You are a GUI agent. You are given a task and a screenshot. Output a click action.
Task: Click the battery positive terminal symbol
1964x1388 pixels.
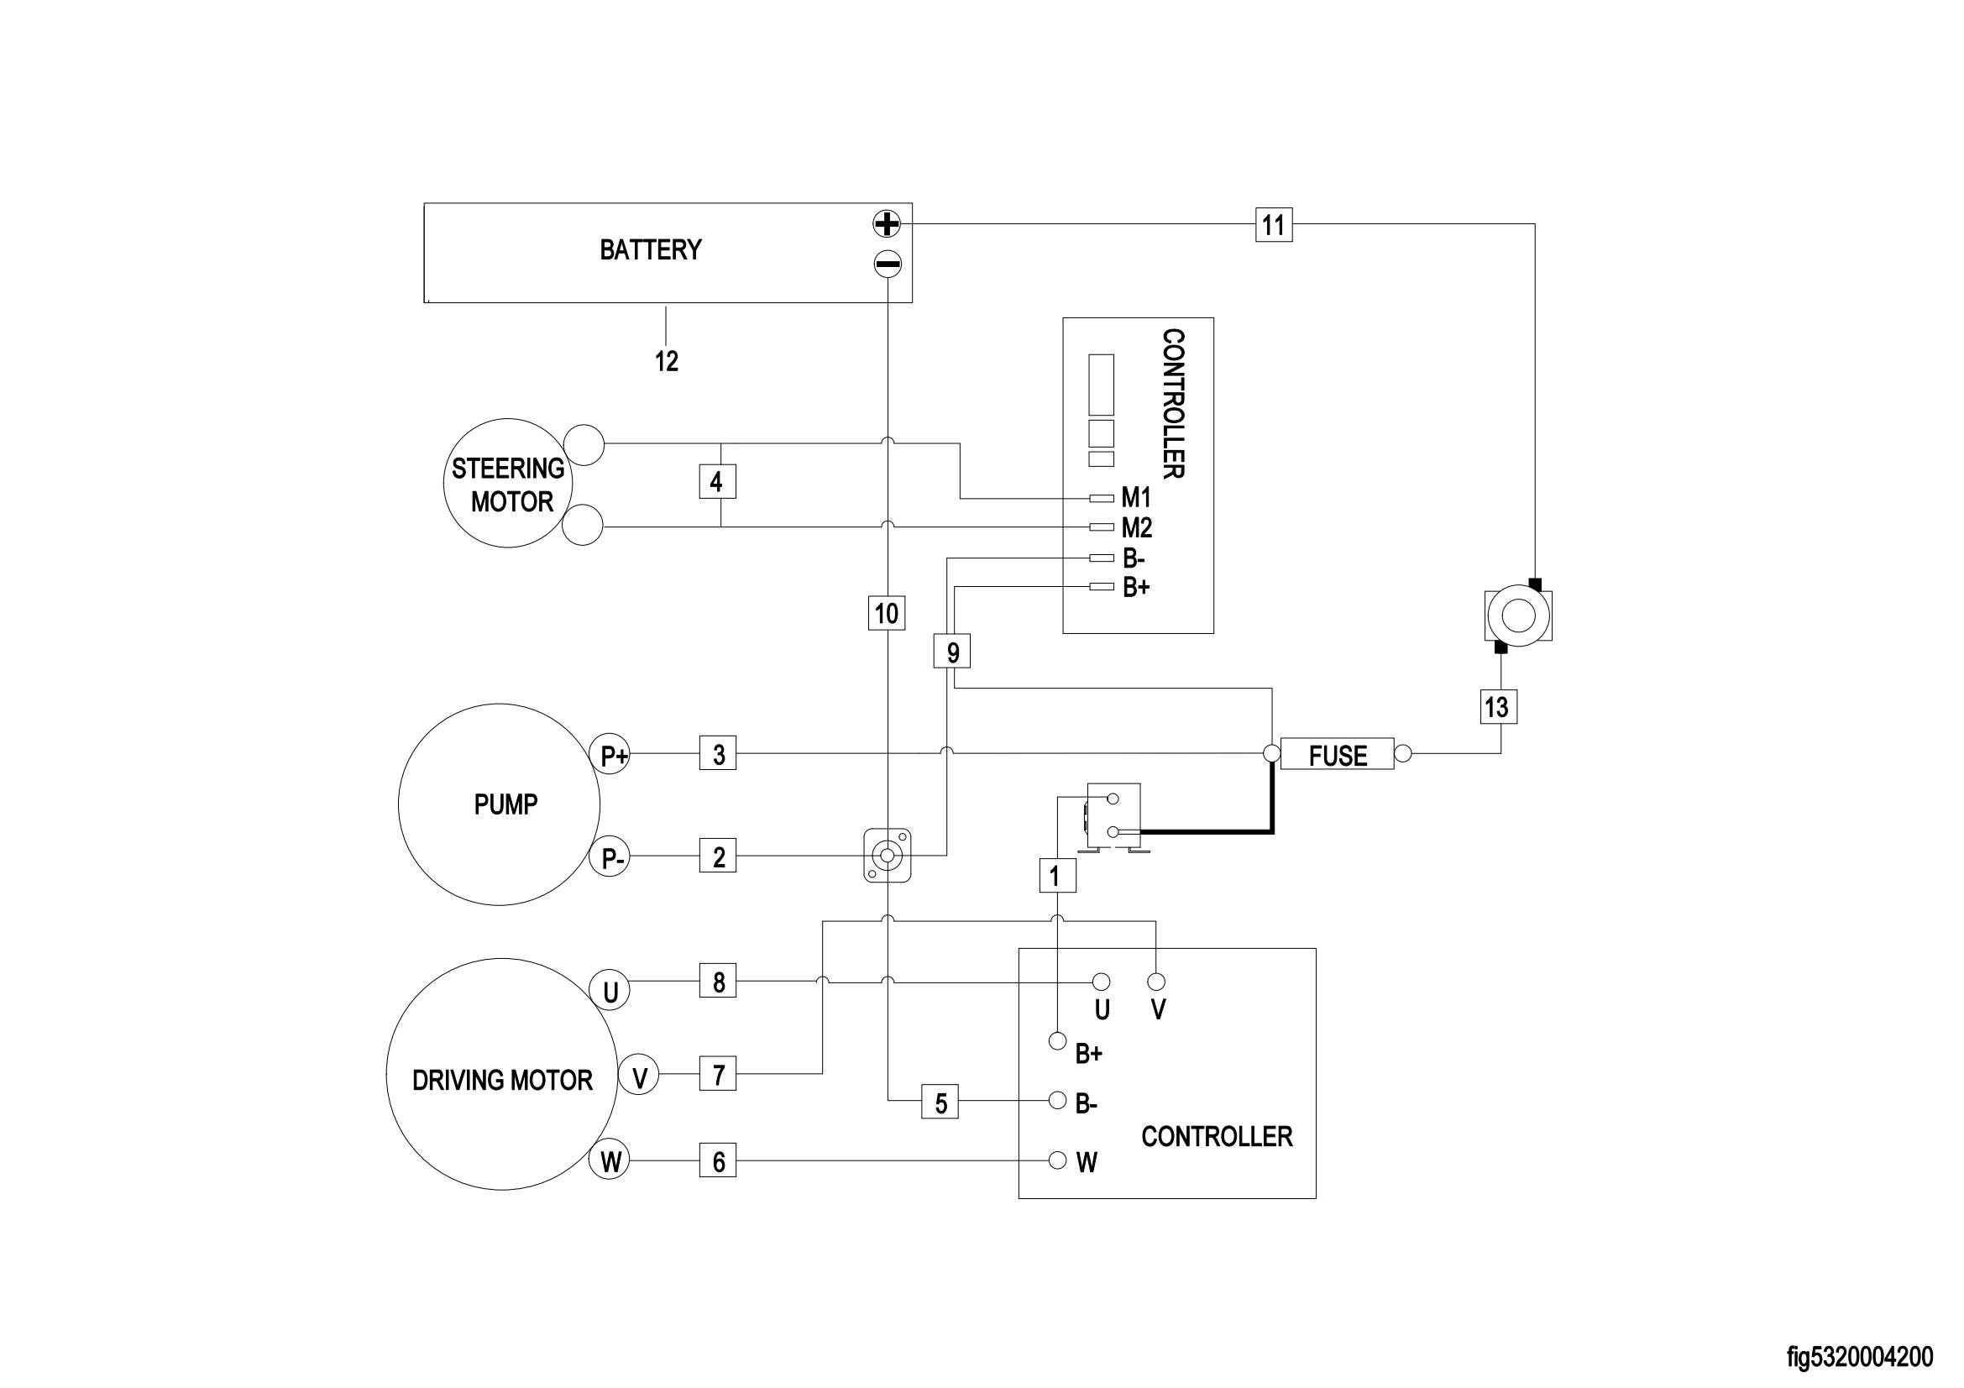click(887, 224)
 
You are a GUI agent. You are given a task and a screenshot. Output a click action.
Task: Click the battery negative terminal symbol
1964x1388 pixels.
click(887, 265)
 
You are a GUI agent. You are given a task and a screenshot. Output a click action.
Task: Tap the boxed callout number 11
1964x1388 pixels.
click(1274, 225)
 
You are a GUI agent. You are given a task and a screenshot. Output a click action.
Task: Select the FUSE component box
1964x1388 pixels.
click(1338, 754)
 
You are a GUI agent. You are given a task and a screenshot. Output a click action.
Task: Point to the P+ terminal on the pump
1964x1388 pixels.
click(610, 754)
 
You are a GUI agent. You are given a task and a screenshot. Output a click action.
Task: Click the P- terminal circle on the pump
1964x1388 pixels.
click(610, 857)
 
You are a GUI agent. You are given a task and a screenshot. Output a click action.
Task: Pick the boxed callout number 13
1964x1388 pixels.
click(1499, 707)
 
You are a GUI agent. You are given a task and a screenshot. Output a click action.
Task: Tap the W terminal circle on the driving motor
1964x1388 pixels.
click(610, 1160)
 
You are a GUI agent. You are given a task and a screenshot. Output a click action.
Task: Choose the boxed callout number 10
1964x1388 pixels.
click(887, 612)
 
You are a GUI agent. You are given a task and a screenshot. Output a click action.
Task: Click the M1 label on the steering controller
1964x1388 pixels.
click(1136, 498)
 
